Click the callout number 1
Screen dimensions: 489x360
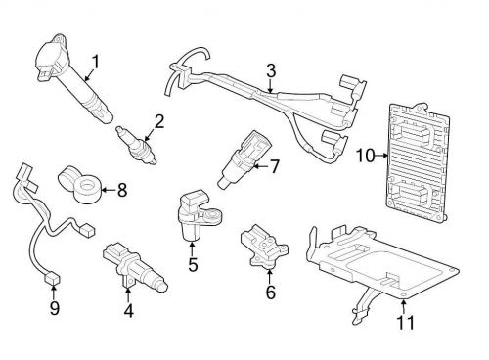(95, 62)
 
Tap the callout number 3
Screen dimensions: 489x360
(271, 70)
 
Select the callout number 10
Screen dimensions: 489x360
(365, 156)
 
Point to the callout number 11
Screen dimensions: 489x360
(406, 323)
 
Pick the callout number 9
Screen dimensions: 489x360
(55, 308)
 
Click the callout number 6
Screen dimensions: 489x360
(271, 292)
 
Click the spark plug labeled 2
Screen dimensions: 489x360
(136, 146)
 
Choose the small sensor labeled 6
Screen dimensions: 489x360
(263, 247)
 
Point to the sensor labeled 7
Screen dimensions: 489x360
(244, 158)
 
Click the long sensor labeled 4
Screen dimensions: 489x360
(135, 268)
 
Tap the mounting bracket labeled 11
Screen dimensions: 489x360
(381, 271)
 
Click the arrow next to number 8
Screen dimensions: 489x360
(108, 189)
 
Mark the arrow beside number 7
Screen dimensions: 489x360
(260, 166)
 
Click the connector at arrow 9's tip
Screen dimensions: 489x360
(53, 279)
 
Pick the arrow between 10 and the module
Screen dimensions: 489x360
(381, 156)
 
